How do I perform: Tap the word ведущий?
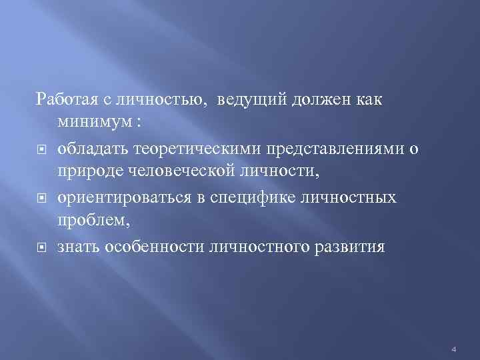[246, 99]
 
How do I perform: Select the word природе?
[87, 173]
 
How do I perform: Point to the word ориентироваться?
[115, 198]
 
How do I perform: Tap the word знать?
[75, 247]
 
